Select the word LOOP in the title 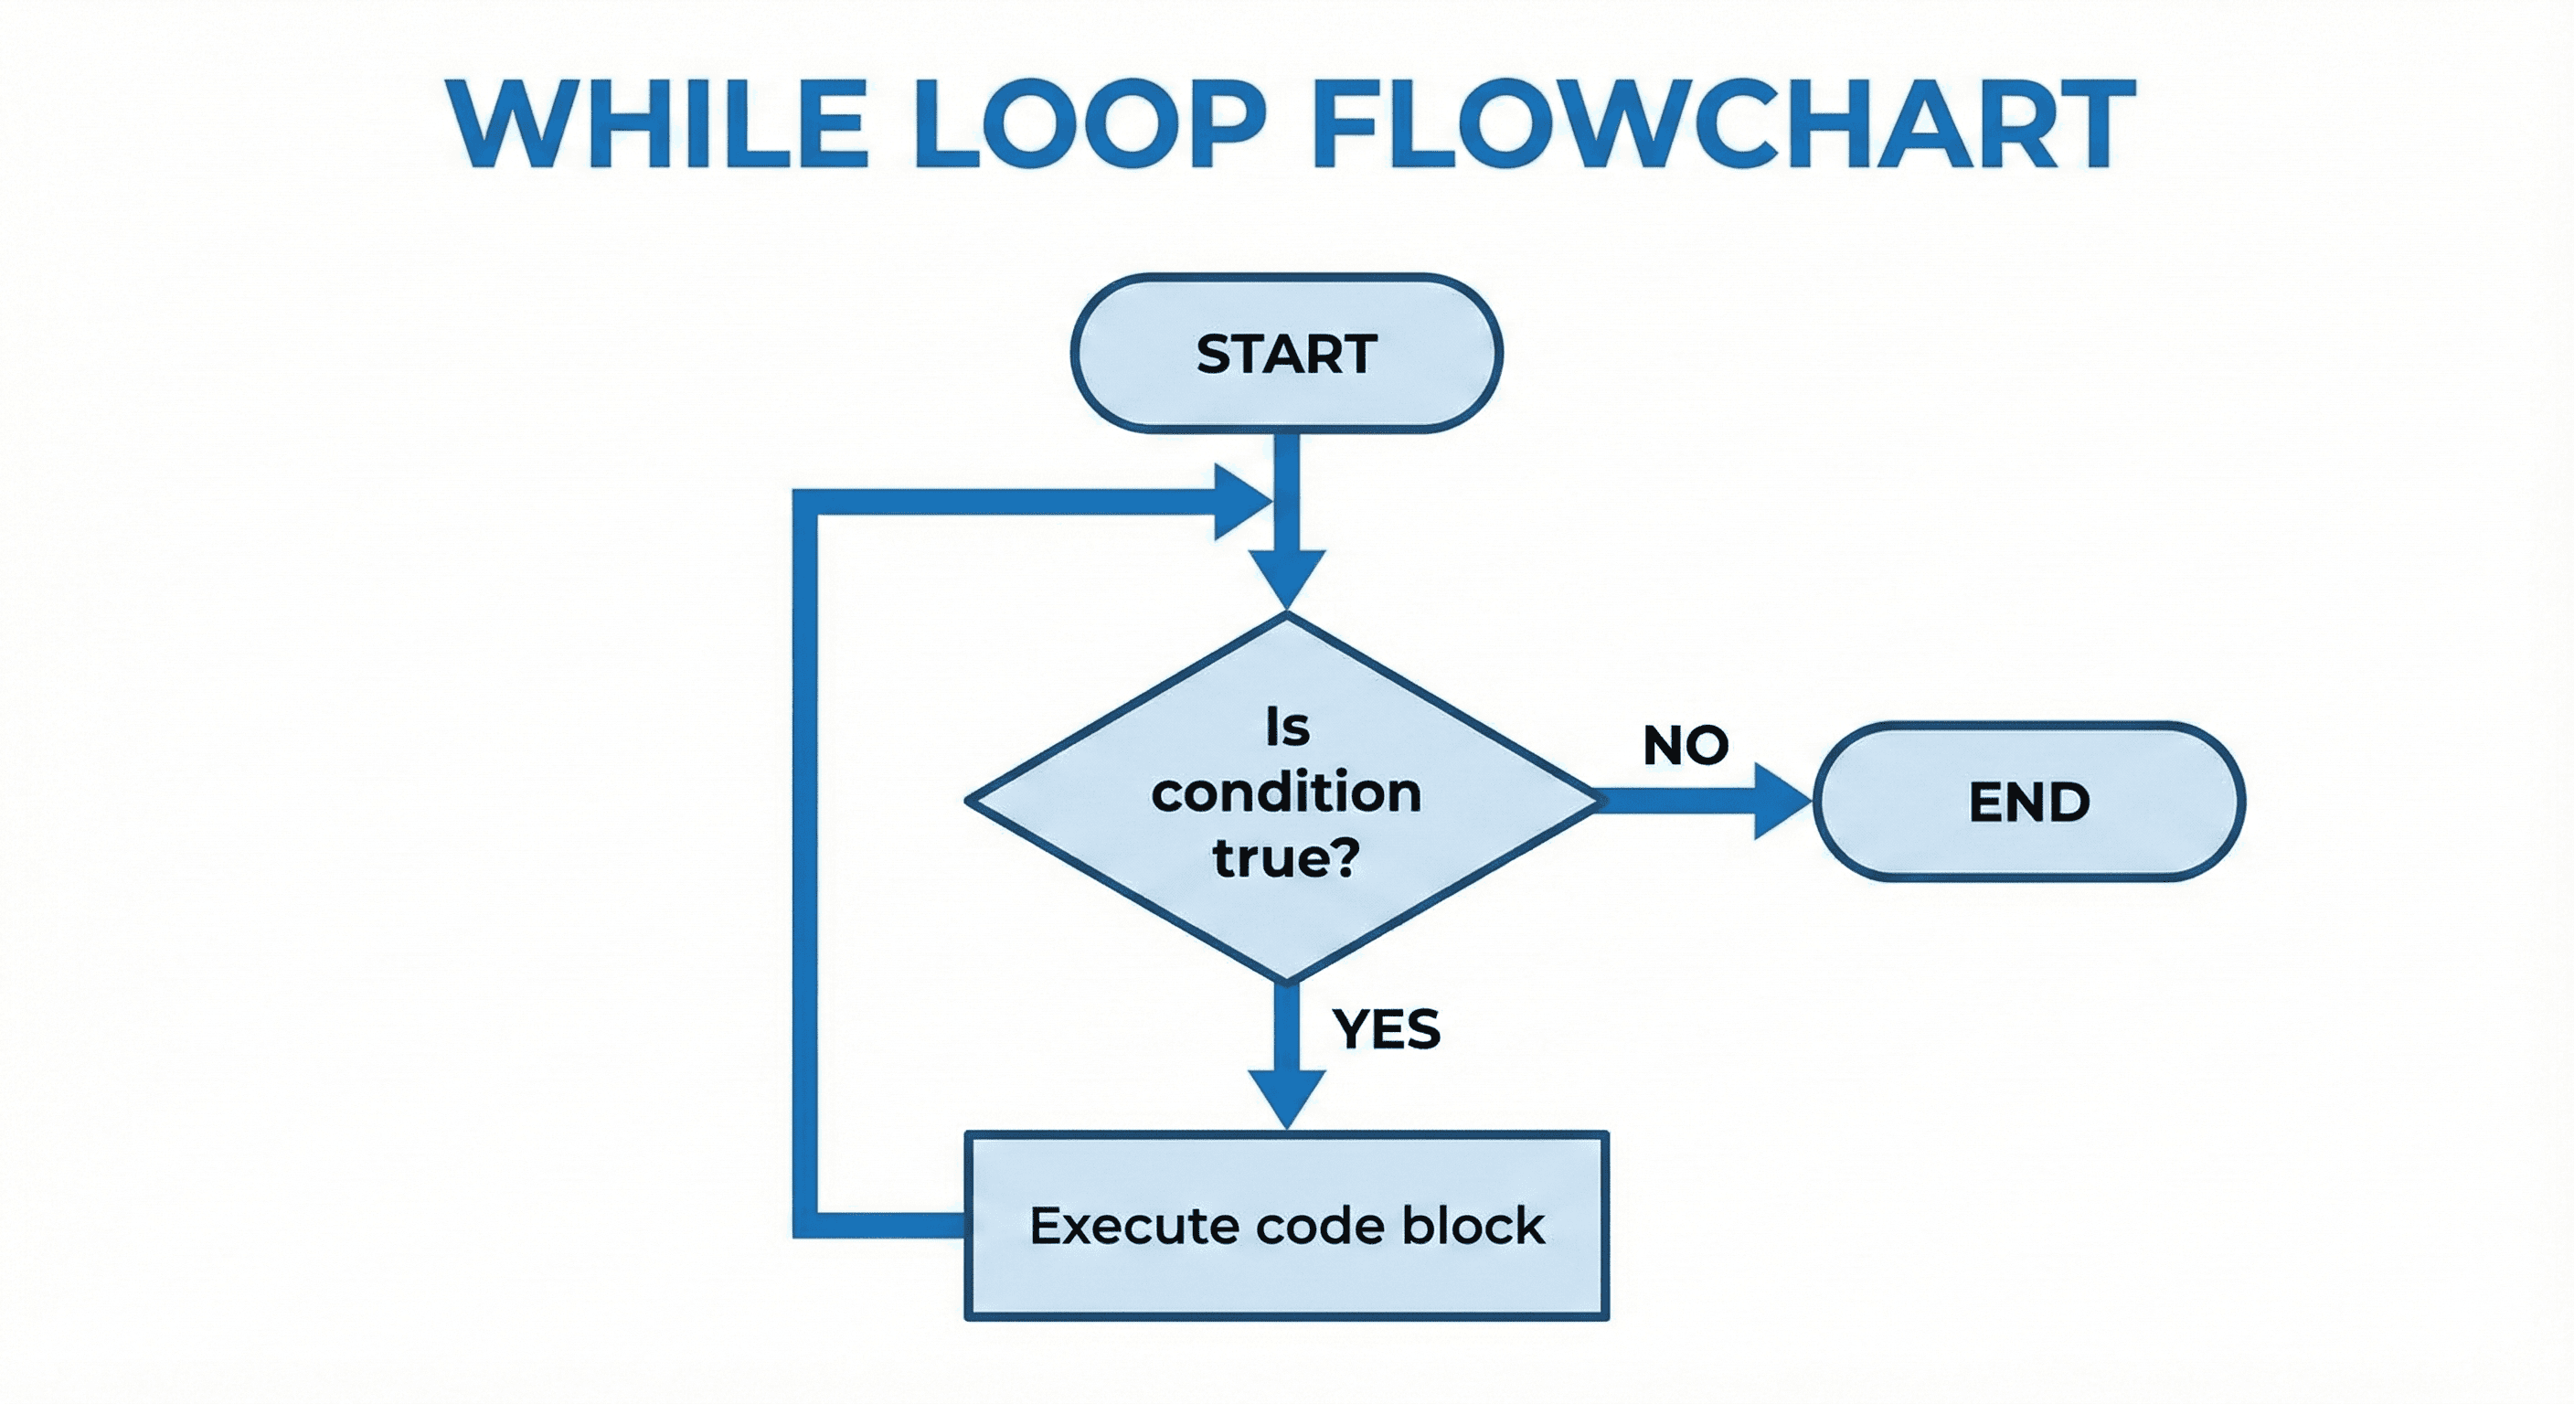pyautogui.click(x=1090, y=125)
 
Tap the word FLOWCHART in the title pyautogui.click(x=1723, y=125)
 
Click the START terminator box pyautogui.click(x=1286, y=354)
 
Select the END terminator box pyautogui.click(x=2028, y=802)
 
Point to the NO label pyautogui.click(x=1686, y=746)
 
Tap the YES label pyautogui.click(x=1386, y=1029)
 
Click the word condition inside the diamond pyautogui.click(x=1286, y=793)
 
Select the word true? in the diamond pyautogui.click(x=1286, y=857)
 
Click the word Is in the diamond pyautogui.click(x=1286, y=728)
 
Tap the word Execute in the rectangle pyautogui.click(x=1134, y=1226)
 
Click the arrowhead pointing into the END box pyautogui.click(x=1781, y=802)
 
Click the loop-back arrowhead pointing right pyautogui.click(x=1240, y=502)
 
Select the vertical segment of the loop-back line pyautogui.click(x=805, y=859)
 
